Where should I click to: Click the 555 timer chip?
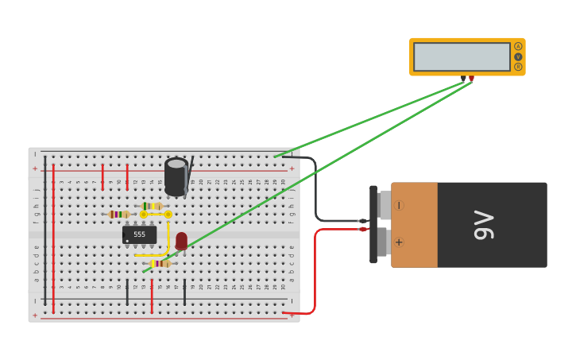(139, 234)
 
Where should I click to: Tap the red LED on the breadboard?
(181, 241)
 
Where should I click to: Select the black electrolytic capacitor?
(176, 176)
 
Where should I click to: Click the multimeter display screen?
(462, 56)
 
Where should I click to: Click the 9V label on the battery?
(483, 225)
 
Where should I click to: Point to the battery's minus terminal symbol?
(399, 205)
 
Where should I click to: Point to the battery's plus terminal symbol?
(399, 242)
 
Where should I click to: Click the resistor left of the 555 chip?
(119, 214)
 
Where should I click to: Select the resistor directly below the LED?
(160, 263)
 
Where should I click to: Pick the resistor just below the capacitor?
(152, 206)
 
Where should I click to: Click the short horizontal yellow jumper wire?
(156, 215)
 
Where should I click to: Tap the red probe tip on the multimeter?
(471, 78)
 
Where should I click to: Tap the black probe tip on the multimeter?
(463, 78)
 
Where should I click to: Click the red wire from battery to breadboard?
(315, 270)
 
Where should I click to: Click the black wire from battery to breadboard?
(316, 191)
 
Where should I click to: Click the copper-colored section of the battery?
(414, 225)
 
